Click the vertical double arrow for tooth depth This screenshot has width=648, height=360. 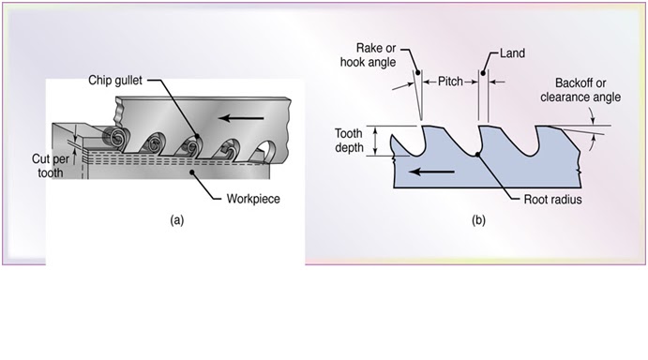coord(376,142)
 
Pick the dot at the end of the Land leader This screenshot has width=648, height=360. coord(481,71)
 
